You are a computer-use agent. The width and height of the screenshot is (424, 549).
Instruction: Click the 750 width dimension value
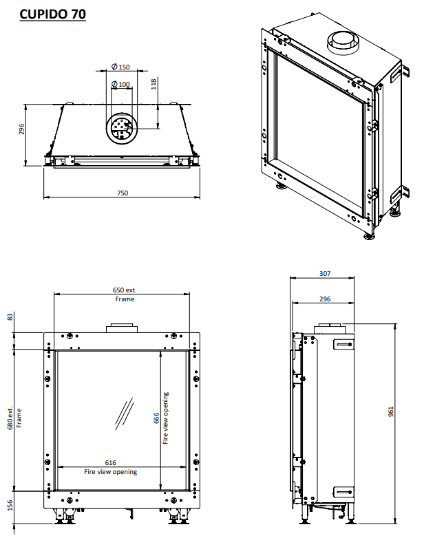pyautogui.click(x=121, y=193)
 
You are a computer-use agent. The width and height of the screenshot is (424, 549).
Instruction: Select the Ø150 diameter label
pyautogui.click(x=121, y=67)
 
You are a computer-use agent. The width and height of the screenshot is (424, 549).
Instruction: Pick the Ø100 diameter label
pyautogui.click(x=121, y=85)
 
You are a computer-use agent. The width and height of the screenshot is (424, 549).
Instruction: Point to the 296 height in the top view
pyautogui.click(x=22, y=129)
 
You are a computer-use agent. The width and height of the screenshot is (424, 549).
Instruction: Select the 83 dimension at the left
pyautogui.click(x=10, y=316)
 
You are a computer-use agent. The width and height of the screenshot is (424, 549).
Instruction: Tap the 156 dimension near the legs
pyautogui.click(x=10, y=506)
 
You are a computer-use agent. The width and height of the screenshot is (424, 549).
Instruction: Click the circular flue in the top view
pyautogui.click(x=121, y=128)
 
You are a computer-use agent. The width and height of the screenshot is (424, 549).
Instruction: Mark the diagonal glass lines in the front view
pyautogui.click(x=125, y=412)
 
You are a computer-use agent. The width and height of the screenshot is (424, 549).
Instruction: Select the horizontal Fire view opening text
pyautogui.click(x=110, y=472)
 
